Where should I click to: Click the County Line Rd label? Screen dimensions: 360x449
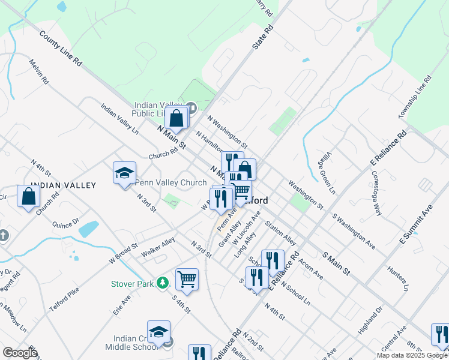click(60, 48)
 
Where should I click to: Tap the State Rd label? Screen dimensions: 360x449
click(262, 37)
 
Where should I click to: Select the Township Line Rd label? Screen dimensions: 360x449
click(414, 97)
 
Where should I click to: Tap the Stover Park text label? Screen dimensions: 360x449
click(132, 283)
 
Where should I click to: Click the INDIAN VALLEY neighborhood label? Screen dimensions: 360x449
click(63, 185)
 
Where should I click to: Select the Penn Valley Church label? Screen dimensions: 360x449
click(171, 182)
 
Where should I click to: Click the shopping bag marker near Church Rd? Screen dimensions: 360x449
click(29, 196)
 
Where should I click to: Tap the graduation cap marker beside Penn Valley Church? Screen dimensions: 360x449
click(124, 173)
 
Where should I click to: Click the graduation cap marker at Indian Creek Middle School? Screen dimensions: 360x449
click(158, 332)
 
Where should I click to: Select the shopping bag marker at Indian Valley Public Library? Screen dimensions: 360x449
click(176, 118)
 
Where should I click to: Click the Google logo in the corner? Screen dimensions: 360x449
click(19, 353)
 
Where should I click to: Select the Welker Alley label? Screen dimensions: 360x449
click(158, 248)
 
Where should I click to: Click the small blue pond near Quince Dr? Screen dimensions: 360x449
click(89, 228)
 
